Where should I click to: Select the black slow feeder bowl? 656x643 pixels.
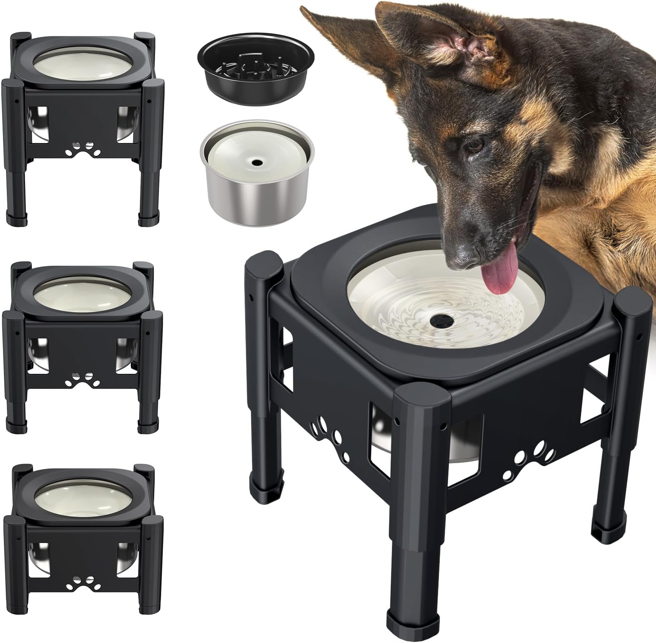pos(256,73)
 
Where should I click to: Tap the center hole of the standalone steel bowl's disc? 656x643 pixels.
pos(257,163)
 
